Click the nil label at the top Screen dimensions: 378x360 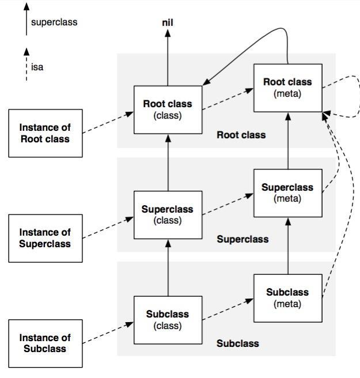tap(168, 22)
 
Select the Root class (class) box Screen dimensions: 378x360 tap(168, 109)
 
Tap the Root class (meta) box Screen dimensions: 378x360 tap(287, 88)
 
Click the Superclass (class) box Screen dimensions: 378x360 tap(168, 214)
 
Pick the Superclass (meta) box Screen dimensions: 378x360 tap(287, 192)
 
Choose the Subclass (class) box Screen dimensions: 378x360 tap(168, 320)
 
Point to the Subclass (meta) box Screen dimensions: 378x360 tap(287, 297)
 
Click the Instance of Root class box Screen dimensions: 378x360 tap(45, 133)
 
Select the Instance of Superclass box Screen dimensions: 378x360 tap(45, 238)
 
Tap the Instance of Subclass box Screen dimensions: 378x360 tap(45, 343)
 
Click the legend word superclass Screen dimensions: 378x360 tap(54, 22)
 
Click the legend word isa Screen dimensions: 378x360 tap(37, 67)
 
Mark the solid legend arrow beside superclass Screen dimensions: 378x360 tap(26, 20)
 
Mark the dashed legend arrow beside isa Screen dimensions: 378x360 tap(26, 65)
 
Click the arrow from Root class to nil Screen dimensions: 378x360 tap(168, 58)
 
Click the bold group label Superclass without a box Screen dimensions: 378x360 tap(242, 239)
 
